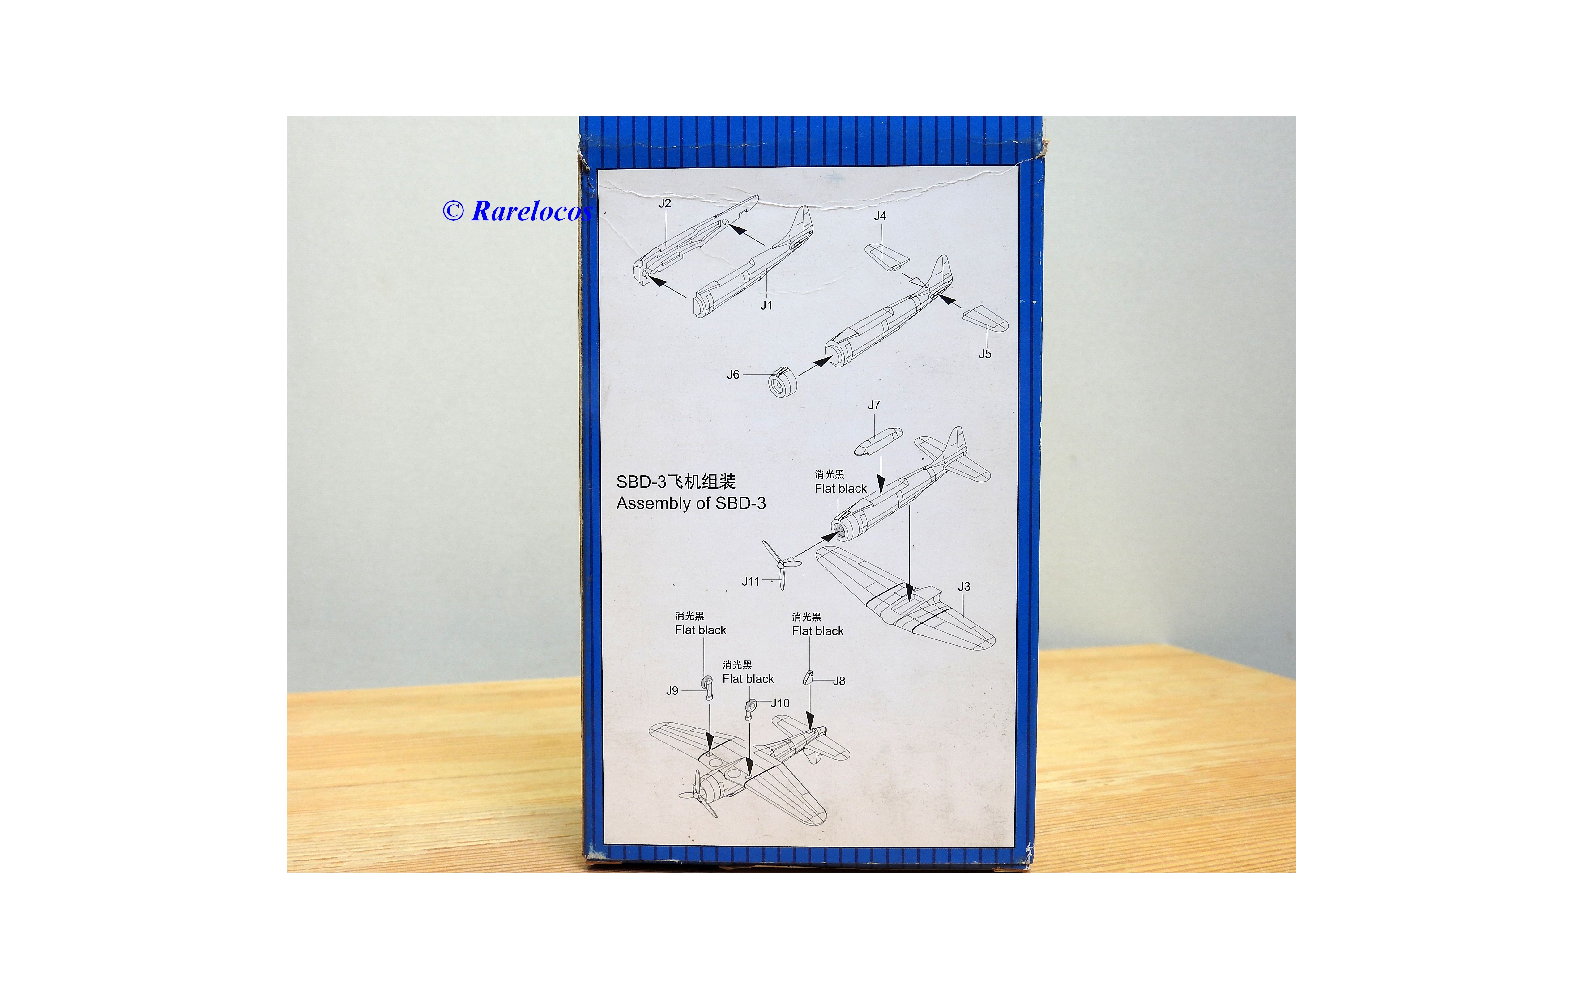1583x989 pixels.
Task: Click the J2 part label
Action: tap(665, 203)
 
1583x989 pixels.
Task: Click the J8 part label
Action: tap(839, 681)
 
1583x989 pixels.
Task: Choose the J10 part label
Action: tap(780, 703)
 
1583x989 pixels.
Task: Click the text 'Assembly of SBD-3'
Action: tap(691, 504)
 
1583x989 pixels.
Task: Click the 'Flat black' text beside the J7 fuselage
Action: tap(841, 489)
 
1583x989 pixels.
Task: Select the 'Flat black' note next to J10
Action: tap(748, 679)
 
